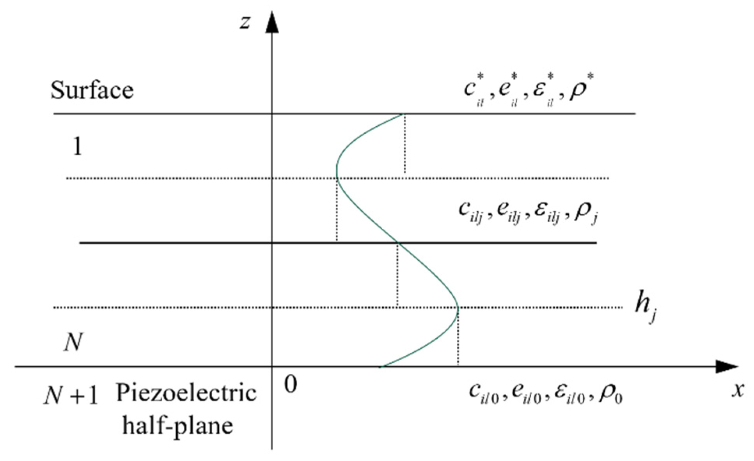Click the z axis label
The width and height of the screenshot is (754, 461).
click(x=245, y=22)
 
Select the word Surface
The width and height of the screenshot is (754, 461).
click(x=92, y=90)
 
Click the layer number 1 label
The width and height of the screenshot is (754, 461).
click(x=78, y=147)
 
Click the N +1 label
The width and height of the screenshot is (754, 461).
click(x=71, y=397)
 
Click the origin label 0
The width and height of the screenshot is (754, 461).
click(x=291, y=385)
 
